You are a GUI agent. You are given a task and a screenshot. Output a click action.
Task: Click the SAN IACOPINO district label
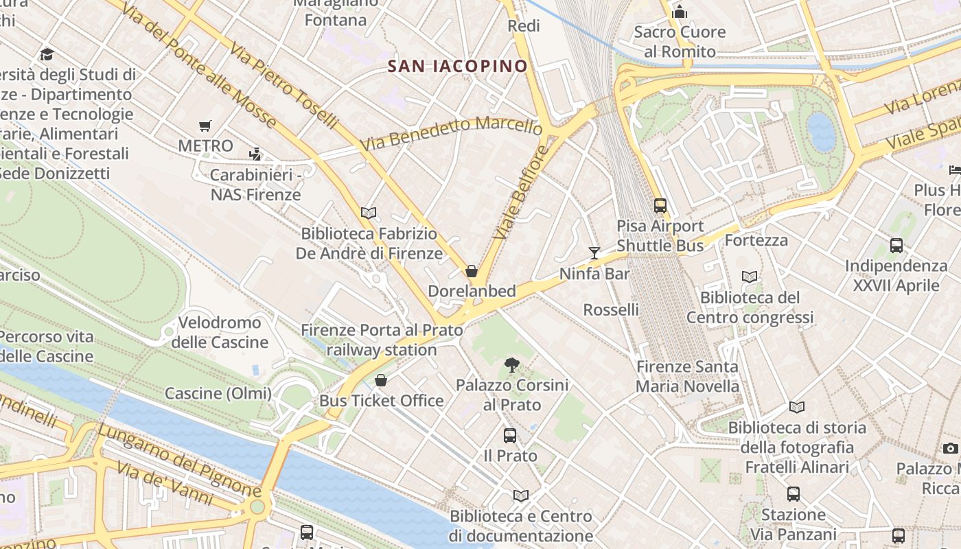pos(457,66)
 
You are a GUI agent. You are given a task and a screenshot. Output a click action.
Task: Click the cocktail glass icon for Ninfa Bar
pos(594,253)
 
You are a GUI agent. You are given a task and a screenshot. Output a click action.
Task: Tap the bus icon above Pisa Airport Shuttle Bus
pos(660,205)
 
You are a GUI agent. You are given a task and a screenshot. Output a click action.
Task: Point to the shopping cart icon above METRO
pos(205,126)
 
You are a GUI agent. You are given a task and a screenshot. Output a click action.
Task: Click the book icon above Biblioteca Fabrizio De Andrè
pos(369,213)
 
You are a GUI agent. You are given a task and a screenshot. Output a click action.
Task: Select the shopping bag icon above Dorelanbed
pos(472,271)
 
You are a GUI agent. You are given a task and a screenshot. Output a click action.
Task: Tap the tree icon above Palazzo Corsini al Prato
pos(512,364)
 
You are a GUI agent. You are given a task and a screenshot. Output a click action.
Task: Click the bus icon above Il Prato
pos(510,435)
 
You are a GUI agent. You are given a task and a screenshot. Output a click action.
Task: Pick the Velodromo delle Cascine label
pos(220,332)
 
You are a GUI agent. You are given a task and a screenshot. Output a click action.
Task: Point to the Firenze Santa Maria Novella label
pos(687,376)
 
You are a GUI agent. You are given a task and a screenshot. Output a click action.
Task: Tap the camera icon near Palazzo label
pos(951,448)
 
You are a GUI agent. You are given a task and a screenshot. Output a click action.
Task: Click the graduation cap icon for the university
pos(47,54)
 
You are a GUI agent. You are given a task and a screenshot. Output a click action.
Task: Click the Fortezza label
pos(756,240)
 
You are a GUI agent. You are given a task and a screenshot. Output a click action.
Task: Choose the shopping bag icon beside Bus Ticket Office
pos(381,380)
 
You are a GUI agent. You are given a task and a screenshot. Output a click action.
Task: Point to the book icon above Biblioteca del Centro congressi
pos(750,277)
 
